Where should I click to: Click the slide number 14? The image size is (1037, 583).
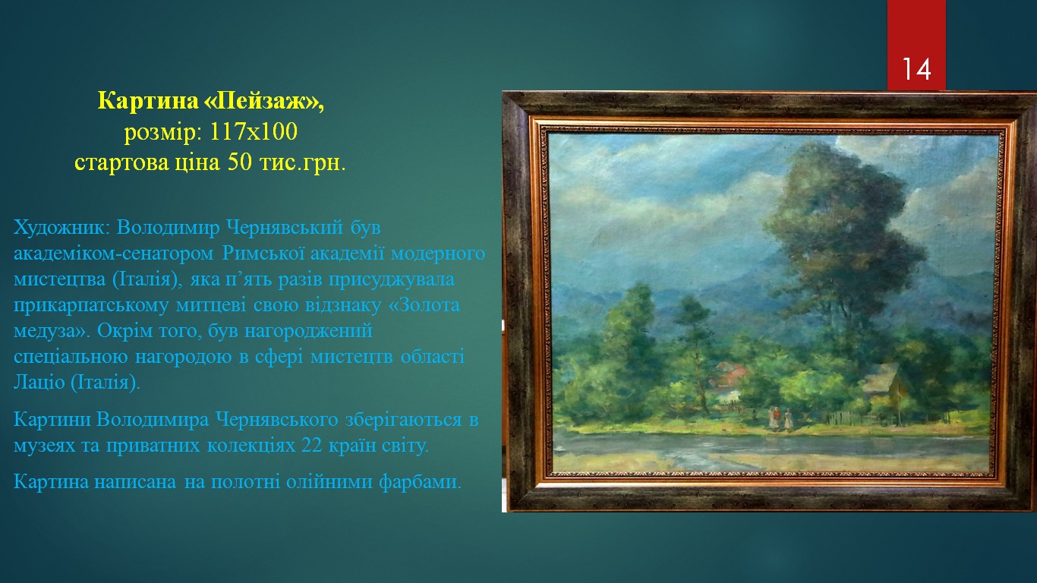point(916,70)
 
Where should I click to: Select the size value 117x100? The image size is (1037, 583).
point(254,131)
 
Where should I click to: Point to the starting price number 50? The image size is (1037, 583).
point(240,162)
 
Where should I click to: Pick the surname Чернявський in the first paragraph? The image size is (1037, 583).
point(285,228)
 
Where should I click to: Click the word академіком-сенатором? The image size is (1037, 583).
point(114,254)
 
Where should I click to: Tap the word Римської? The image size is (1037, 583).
point(263,253)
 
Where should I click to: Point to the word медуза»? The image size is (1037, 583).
point(52,331)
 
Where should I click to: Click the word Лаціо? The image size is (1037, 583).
point(39,382)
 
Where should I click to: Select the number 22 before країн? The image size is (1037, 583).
point(312,445)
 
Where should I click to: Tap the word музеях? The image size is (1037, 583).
point(45,446)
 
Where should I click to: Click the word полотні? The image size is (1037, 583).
point(245,481)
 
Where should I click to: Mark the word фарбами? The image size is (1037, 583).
point(420,482)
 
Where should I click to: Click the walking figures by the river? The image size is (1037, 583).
point(780,418)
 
